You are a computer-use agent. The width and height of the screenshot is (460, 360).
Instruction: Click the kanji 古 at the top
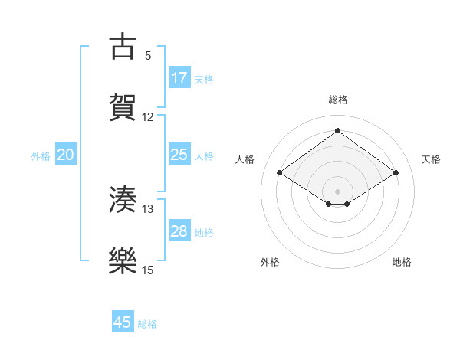pyautogui.click(x=123, y=47)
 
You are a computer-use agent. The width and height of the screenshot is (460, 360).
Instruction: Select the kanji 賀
pyautogui.click(x=123, y=107)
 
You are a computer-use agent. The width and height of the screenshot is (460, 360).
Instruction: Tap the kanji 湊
pyautogui.click(x=123, y=200)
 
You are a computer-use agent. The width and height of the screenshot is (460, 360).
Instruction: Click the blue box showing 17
pyautogui.click(x=179, y=77)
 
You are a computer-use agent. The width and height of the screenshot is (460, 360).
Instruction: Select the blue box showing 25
pyautogui.click(x=179, y=155)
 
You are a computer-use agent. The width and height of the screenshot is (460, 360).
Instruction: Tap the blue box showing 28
pyautogui.click(x=179, y=231)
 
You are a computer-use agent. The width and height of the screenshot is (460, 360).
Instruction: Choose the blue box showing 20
pyautogui.click(x=66, y=155)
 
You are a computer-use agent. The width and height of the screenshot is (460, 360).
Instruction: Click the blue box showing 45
pyautogui.click(x=123, y=322)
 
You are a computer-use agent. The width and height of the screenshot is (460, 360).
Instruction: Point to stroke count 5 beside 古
pyautogui.click(x=148, y=56)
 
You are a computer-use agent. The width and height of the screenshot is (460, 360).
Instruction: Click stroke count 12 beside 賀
pyautogui.click(x=148, y=117)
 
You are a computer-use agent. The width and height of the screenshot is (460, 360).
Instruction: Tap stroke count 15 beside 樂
pyautogui.click(x=148, y=270)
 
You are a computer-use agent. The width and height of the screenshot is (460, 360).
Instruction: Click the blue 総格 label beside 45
pyautogui.click(x=147, y=323)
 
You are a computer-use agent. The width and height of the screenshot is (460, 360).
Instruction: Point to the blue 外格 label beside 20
pyautogui.click(x=41, y=155)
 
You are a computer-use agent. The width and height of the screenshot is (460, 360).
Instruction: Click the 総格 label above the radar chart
pyautogui.click(x=337, y=100)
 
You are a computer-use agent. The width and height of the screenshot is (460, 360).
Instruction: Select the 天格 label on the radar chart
pyautogui.click(x=432, y=159)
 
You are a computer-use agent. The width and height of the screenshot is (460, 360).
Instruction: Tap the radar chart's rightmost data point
pyautogui.click(x=396, y=173)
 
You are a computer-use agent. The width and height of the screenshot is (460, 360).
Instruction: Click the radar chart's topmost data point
pyautogui.click(x=337, y=130)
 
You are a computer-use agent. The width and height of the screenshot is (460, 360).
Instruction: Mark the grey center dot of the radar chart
pyautogui.click(x=337, y=191)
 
